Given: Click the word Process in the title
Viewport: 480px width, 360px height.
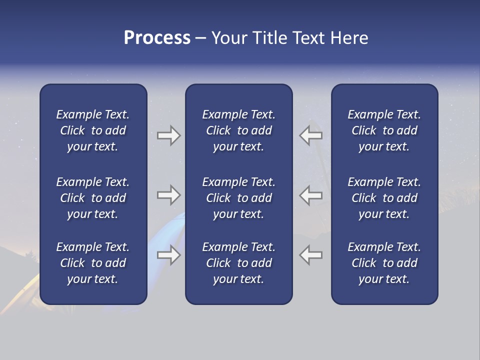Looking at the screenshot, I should click(x=157, y=38).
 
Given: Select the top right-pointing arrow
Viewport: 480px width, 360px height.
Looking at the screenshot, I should click(x=168, y=135).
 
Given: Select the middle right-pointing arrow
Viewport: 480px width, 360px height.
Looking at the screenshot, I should click(x=168, y=195).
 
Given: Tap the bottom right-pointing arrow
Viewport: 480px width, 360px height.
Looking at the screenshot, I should click(x=168, y=255).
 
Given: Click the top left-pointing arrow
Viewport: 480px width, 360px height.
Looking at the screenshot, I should click(x=310, y=135).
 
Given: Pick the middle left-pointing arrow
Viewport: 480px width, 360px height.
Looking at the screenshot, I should click(x=310, y=195).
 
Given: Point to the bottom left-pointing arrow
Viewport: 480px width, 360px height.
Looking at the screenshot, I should click(x=310, y=255).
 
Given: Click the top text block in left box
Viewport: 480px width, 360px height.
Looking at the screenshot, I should click(x=93, y=130).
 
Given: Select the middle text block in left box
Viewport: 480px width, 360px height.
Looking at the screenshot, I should click(x=93, y=198).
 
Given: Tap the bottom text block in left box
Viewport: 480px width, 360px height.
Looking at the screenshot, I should click(x=93, y=263).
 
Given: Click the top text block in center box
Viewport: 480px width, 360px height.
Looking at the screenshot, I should click(x=238, y=130).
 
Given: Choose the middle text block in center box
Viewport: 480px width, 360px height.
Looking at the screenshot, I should click(x=238, y=198).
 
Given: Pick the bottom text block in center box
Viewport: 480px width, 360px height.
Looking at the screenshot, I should click(x=238, y=263).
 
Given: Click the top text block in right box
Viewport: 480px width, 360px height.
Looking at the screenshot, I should click(x=384, y=130).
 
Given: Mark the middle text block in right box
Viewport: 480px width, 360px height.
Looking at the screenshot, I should click(x=384, y=198).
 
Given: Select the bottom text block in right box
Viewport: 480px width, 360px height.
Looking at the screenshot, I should click(x=384, y=263).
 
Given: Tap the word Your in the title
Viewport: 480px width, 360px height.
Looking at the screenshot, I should click(x=229, y=38).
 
